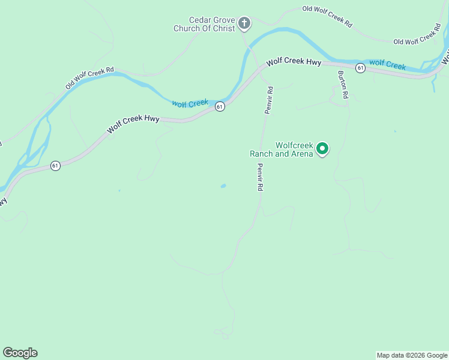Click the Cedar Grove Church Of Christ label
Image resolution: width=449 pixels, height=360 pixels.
204,24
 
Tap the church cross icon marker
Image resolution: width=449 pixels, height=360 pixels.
244,23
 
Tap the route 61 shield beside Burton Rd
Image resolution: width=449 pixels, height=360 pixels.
360,68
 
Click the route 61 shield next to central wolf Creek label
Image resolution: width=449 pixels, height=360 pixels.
220,107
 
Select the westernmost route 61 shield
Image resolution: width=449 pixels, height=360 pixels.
55,166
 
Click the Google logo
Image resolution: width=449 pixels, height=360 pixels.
20,353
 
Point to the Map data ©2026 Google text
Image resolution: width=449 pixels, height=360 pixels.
412,355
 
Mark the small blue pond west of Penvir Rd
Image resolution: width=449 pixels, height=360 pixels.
223,186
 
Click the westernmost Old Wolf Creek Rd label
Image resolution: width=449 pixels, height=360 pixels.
89,79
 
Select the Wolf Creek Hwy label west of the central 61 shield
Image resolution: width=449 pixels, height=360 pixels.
133,124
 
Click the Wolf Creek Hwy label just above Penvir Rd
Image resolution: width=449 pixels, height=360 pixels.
294,61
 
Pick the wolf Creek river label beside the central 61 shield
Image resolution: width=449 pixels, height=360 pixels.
190,103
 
